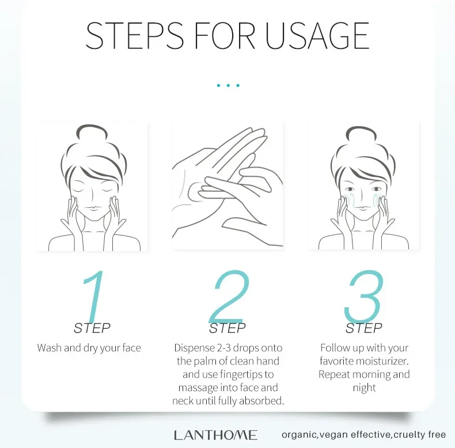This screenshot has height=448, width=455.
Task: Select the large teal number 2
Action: pos(229,297)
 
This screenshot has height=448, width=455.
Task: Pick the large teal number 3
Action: pos(363,297)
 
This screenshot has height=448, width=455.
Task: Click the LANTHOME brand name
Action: pos(215,435)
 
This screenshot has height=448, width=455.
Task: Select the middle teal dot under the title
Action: pos(228,86)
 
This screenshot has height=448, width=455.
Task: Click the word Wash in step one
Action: pos(49,348)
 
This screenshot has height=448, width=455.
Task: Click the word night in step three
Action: pos(364,388)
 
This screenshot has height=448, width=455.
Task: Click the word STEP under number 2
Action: pos(227,329)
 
